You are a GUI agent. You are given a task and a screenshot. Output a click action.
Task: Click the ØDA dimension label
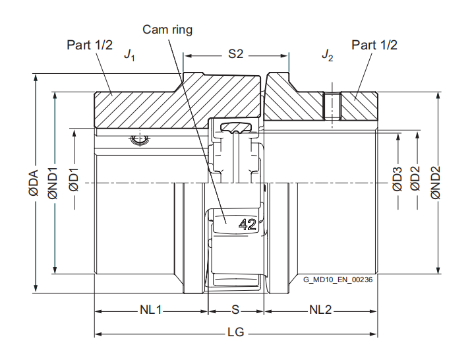click(x=33, y=181)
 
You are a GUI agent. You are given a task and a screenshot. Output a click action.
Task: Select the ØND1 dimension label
click(x=53, y=183)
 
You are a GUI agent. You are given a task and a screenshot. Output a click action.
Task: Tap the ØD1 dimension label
click(x=74, y=181)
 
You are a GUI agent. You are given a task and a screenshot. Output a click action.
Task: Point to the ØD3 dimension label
click(x=398, y=179)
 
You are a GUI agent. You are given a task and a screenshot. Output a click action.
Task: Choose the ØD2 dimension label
click(x=415, y=179)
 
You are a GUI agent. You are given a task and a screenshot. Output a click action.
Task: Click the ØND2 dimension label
click(x=436, y=181)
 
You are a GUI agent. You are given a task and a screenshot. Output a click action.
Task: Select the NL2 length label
click(x=320, y=310)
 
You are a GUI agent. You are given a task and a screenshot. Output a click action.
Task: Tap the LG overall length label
click(x=235, y=333)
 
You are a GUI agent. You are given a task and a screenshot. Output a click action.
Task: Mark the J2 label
click(x=327, y=55)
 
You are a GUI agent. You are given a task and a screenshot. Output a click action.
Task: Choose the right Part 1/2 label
click(x=374, y=45)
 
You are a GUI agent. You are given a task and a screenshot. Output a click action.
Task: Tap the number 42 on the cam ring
click(x=247, y=224)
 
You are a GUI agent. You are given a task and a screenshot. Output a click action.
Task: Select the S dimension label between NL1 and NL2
click(x=235, y=310)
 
